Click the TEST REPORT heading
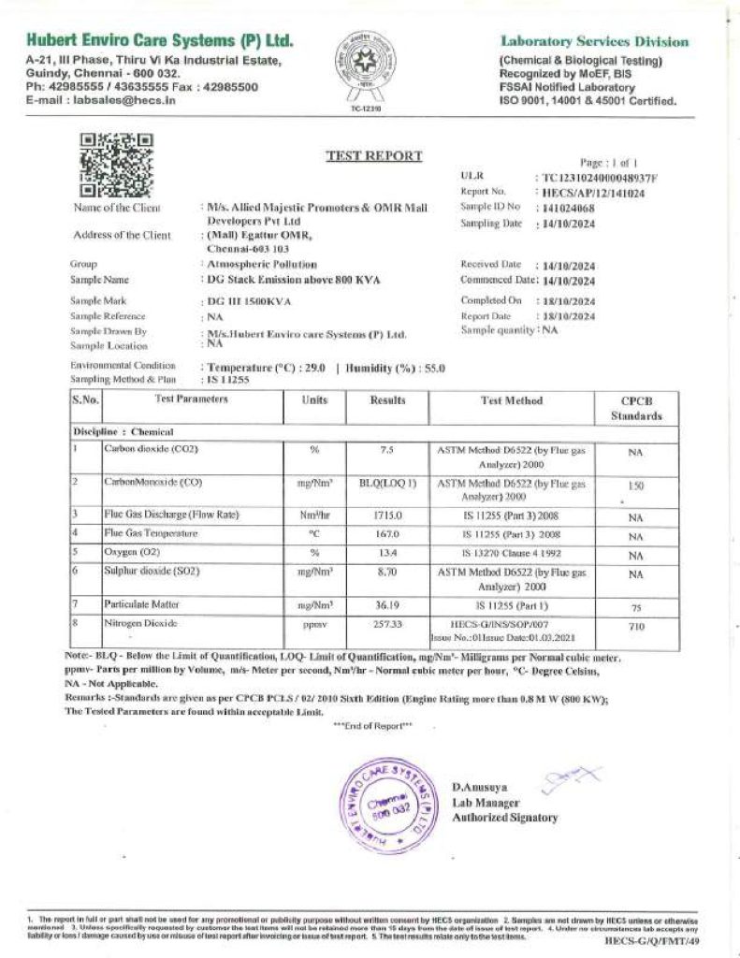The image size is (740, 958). (373, 156)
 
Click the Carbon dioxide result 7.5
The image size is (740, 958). (386, 449)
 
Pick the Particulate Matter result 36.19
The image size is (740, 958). (386, 605)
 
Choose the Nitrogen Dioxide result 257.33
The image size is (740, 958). (386, 623)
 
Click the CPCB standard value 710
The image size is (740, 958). (636, 626)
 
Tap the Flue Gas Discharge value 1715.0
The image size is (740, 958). (386, 515)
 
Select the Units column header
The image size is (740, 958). (314, 400)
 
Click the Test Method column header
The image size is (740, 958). (511, 400)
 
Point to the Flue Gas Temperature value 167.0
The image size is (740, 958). (386, 533)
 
